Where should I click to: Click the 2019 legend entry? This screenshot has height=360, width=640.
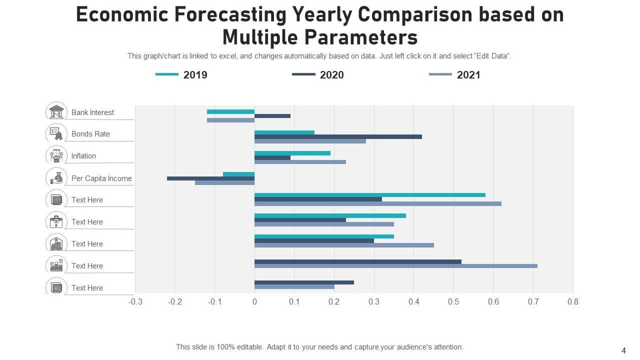181,75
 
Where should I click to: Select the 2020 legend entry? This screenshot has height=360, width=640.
318,75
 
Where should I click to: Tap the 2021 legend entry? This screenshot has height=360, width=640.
455,75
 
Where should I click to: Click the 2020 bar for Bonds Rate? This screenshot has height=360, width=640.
338,136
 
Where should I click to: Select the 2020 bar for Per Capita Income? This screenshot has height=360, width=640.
210,178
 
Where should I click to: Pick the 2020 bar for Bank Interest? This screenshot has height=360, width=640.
272,116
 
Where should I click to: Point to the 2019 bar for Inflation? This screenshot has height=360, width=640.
292,153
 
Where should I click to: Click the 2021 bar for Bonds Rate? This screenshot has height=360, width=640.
310,141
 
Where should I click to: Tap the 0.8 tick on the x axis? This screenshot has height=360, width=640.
573,301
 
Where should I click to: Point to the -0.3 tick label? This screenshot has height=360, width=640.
135,301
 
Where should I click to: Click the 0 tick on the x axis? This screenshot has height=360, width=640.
254,301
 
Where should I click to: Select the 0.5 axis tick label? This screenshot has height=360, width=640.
453,301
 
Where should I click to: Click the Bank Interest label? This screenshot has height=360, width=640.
92,112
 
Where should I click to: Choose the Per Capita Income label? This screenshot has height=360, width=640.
101,178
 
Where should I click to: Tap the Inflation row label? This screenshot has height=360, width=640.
83,156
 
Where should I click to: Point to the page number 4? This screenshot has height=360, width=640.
623,350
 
